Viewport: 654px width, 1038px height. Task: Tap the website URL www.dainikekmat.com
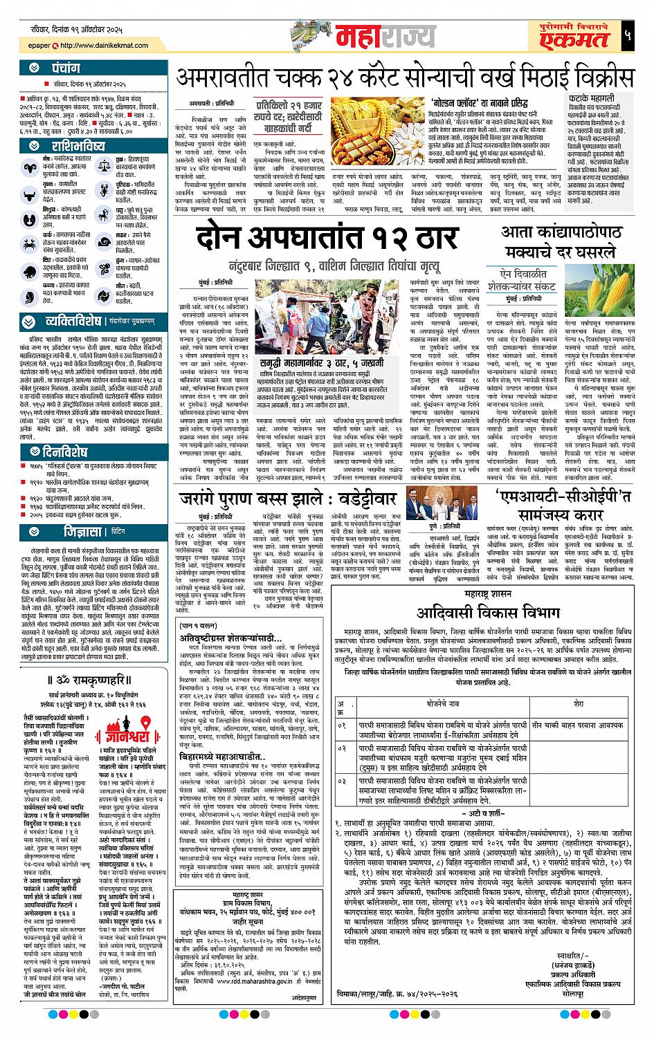[x=102, y=46]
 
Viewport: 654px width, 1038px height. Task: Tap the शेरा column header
[x=579, y=703]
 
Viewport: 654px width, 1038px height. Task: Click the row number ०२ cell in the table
[x=341, y=749]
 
